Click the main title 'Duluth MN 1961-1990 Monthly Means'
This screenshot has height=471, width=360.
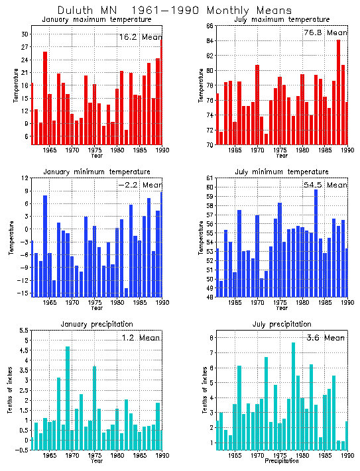[174, 11]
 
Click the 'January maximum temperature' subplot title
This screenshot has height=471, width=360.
[96, 20]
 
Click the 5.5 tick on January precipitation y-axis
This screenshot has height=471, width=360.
[22, 331]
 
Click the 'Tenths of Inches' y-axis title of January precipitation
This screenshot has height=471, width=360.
[10, 391]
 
